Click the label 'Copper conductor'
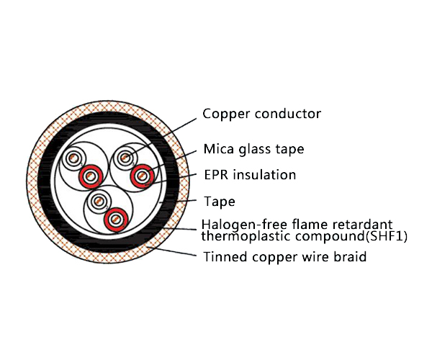(x=261, y=114)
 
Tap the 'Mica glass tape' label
(x=253, y=150)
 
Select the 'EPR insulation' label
(x=249, y=175)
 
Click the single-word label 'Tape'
(x=219, y=201)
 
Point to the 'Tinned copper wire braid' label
(x=284, y=256)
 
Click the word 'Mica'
(x=217, y=150)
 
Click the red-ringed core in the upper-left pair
(x=91, y=175)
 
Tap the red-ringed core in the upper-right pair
(x=142, y=174)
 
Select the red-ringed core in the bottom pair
(x=114, y=218)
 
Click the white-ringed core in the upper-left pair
(x=73, y=158)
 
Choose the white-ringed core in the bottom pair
(x=98, y=202)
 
